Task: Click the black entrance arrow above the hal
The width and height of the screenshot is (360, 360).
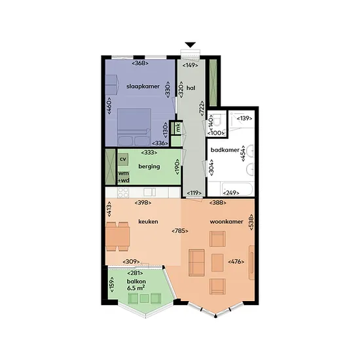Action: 190,45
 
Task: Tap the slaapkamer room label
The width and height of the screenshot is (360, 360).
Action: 143,86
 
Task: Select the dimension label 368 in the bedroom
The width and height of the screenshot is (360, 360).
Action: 140,63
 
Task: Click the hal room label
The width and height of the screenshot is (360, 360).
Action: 191,88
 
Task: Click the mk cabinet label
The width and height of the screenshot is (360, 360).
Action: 178,128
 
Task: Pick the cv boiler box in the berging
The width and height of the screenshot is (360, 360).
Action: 123,159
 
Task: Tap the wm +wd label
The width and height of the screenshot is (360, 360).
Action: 124,177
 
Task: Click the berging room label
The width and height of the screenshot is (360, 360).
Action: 149,166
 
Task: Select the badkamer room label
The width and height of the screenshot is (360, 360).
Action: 225,150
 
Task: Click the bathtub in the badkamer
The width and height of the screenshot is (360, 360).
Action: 237,189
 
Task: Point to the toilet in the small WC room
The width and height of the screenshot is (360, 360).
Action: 216,120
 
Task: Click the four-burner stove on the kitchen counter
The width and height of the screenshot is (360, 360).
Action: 123,192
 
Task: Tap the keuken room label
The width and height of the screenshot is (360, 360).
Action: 148,221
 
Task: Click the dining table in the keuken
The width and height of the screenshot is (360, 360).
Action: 118,236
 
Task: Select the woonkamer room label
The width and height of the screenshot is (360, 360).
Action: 226,221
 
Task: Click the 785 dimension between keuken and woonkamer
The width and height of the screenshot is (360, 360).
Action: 180,231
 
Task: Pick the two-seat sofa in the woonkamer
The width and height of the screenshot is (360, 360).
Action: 196,262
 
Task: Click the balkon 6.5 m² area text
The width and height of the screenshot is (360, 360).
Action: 136,285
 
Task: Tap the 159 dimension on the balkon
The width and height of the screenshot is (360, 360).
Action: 112,285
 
